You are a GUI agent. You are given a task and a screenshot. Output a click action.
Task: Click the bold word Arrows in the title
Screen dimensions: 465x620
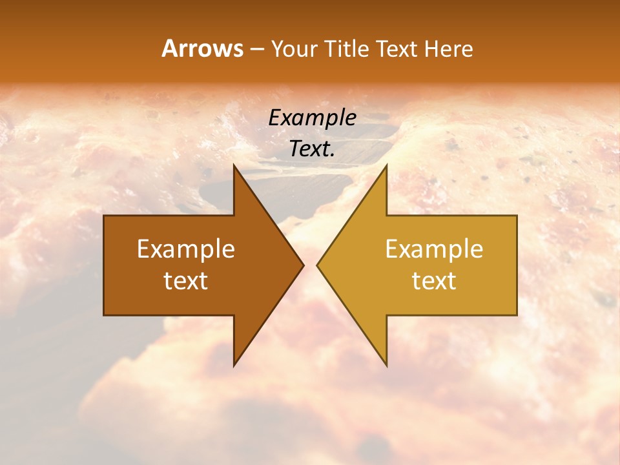[x=202, y=48]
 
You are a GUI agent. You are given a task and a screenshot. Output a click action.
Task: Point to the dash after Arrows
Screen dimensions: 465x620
[x=256, y=49]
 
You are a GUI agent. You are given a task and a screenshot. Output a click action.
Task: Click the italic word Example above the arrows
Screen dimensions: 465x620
[x=312, y=118]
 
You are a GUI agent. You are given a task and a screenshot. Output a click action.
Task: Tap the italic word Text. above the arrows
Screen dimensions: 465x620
[x=312, y=149]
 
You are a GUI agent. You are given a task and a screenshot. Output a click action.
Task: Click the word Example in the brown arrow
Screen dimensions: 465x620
[x=186, y=249]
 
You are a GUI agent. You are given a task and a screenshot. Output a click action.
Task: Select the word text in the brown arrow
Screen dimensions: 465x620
[x=186, y=281]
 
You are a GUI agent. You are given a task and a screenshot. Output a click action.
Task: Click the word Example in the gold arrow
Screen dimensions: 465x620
[x=434, y=249]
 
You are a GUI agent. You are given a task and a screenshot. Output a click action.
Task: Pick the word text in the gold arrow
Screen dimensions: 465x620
[x=434, y=281]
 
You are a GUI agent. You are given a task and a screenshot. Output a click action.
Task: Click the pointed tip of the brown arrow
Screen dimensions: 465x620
[x=303, y=265]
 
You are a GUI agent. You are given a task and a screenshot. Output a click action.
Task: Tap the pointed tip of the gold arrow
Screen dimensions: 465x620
[x=317, y=265]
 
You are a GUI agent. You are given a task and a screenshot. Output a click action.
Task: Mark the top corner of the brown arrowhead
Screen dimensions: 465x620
[x=234, y=165]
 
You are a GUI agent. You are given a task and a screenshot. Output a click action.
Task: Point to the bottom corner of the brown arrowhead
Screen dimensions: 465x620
[x=234, y=365]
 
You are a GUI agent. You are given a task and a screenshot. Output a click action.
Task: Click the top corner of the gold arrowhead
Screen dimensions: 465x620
[x=386, y=165]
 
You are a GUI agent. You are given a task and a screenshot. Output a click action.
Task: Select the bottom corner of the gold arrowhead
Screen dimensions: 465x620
[x=386, y=365]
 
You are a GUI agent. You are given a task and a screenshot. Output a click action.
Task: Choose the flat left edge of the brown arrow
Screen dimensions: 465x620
[x=105, y=265]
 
